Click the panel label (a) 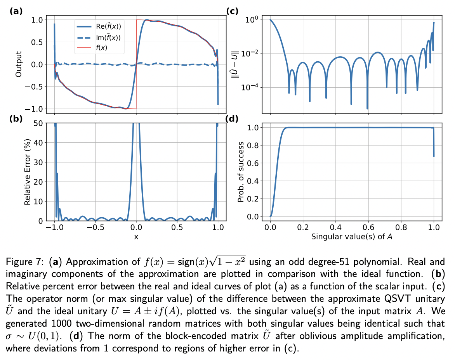(16, 11)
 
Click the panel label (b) (16, 119)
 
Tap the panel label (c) (232, 11)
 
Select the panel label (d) (232, 119)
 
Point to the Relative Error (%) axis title (28, 172)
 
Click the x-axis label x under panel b (136, 237)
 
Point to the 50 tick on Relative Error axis (39, 123)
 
